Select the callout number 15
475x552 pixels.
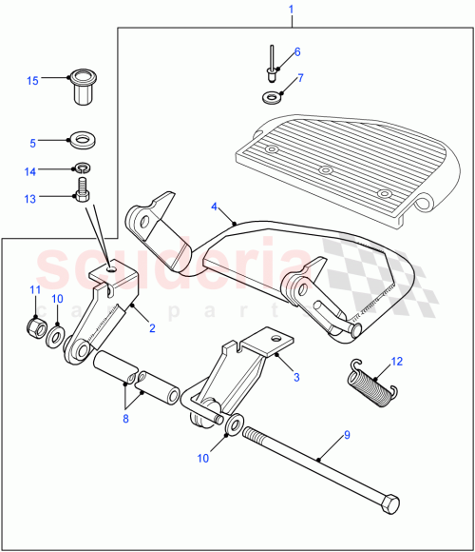click(x=32, y=81)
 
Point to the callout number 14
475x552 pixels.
click(x=32, y=172)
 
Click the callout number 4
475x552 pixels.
click(x=215, y=206)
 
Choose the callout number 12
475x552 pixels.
click(x=397, y=361)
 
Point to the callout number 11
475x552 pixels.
click(x=35, y=289)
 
